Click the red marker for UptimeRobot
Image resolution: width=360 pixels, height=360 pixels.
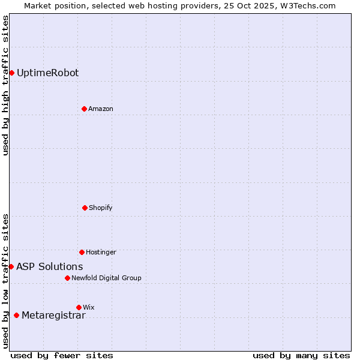pyautogui.click(x=11, y=73)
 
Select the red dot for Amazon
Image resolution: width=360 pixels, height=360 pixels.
pyautogui.click(x=84, y=109)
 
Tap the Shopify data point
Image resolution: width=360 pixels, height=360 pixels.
pyautogui.click(x=85, y=208)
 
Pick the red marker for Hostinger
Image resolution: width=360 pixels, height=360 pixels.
pyautogui.click(x=82, y=252)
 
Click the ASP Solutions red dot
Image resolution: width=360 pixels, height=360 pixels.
pyautogui.click(x=11, y=266)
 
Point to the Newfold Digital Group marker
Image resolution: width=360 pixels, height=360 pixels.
pyautogui.click(x=67, y=278)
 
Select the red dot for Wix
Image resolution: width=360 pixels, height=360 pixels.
pyautogui.click(x=79, y=307)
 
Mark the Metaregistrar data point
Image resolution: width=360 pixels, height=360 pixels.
pyautogui.click(x=16, y=316)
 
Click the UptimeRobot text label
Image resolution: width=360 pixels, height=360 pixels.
pyautogui.click(x=47, y=73)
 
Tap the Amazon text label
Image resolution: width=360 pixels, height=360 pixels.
pyautogui.click(x=101, y=109)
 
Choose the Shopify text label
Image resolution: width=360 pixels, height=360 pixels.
pyautogui.click(x=101, y=208)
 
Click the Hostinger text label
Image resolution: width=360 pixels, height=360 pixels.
pyautogui.click(x=101, y=253)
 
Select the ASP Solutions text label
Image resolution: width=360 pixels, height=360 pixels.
pyautogui.click(x=50, y=267)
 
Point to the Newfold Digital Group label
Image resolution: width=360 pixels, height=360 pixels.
pyautogui.click(x=106, y=278)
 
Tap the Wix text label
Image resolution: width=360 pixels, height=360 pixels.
pyautogui.click(x=89, y=308)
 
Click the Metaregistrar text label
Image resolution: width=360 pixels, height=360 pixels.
pyautogui.click(x=53, y=316)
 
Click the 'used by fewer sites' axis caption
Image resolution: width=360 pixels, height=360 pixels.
pyautogui.click(x=62, y=355)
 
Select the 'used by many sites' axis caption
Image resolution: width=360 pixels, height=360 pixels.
pyautogui.click(x=301, y=355)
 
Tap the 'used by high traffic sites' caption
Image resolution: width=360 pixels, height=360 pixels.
pyautogui.click(x=5, y=85)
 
